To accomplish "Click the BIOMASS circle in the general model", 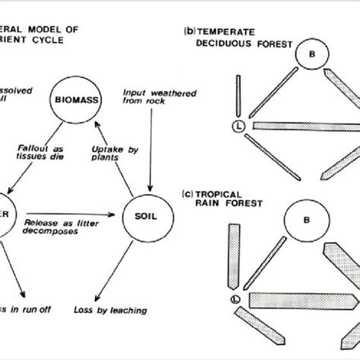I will [78, 97].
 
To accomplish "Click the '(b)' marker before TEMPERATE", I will [190, 31].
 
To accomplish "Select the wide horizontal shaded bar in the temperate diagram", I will [305, 126].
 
